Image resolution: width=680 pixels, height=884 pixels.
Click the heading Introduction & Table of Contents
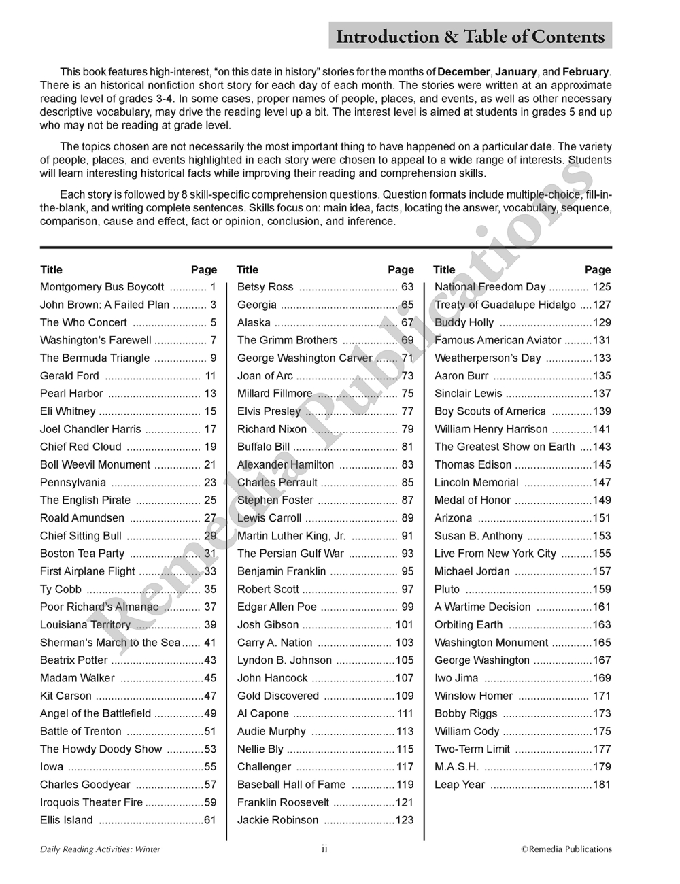[x=470, y=37]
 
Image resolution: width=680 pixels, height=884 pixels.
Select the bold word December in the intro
[x=463, y=72]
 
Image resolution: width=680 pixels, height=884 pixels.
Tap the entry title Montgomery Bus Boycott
[x=102, y=287]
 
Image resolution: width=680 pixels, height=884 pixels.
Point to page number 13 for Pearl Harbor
[x=210, y=394]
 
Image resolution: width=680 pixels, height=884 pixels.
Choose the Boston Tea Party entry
[x=82, y=554]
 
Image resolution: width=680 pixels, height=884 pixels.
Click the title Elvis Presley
[x=269, y=411]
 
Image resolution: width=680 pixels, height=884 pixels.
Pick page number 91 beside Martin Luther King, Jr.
[x=407, y=536]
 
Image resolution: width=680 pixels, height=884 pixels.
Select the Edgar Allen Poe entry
[x=277, y=607]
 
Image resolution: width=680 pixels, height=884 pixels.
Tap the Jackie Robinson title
[x=277, y=820]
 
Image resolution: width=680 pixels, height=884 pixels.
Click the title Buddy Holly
[x=464, y=323]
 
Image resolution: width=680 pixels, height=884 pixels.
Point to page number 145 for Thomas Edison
[x=602, y=465]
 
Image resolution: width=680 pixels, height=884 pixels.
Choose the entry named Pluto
[x=447, y=590]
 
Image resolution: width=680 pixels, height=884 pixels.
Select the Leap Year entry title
[x=460, y=785]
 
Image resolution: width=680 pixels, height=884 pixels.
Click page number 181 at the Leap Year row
[x=602, y=785]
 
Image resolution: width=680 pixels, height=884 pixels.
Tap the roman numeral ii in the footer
[x=324, y=849]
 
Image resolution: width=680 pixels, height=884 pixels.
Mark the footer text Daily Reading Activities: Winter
[x=100, y=849]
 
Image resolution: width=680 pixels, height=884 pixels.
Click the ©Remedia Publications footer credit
[x=566, y=849]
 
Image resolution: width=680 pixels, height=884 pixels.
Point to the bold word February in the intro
[x=585, y=72]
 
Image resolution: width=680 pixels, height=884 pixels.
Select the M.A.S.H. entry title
[x=456, y=767]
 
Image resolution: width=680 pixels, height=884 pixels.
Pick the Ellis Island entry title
[x=67, y=820]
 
